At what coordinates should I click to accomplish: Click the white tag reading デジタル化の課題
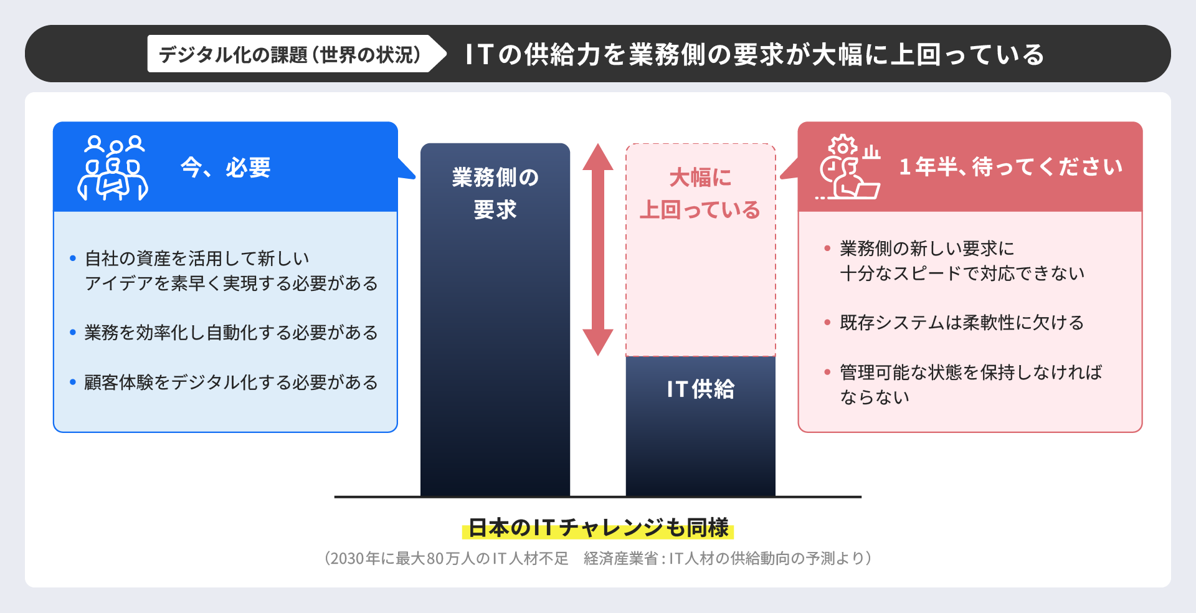[x=290, y=54]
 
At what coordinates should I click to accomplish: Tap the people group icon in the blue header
[x=113, y=168]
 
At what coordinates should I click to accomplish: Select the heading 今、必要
[x=225, y=168]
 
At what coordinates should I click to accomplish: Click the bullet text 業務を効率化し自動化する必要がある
[x=231, y=333]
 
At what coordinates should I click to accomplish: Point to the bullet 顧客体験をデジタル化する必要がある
[x=231, y=382]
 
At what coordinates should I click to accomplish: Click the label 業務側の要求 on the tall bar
[x=495, y=193]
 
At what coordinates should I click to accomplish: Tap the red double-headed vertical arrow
[x=598, y=249]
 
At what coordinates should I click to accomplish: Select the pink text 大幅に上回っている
[x=700, y=193]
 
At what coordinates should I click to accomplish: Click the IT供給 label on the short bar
[x=700, y=389]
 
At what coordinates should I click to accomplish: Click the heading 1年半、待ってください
[x=1010, y=167]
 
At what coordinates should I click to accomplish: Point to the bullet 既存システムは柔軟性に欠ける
[x=962, y=323]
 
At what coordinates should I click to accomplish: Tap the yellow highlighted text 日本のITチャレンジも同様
[x=598, y=528]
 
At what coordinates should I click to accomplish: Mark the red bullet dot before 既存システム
[x=827, y=323]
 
